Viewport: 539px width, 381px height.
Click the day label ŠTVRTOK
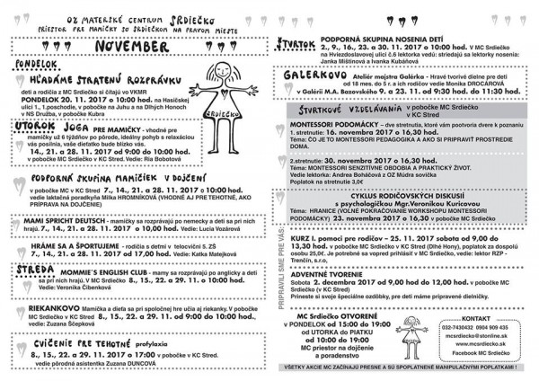[296, 42]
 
